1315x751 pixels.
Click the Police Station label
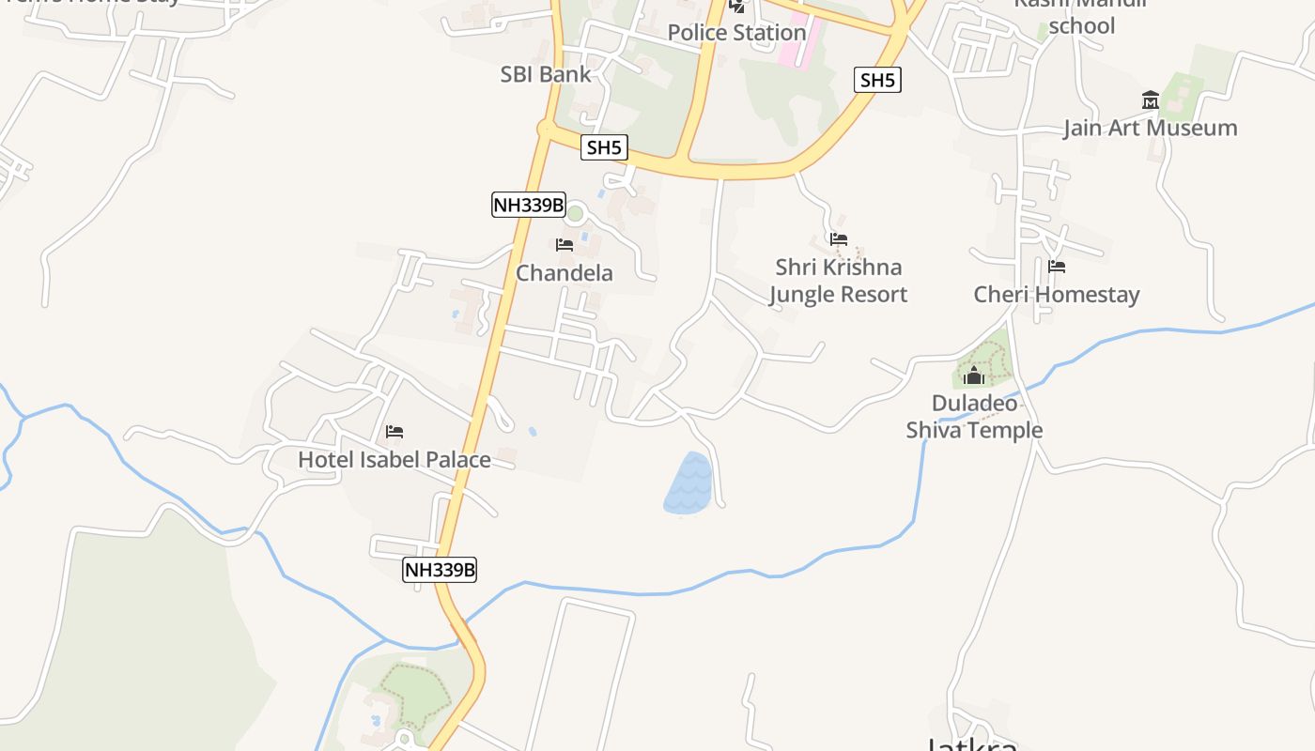pos(736,33)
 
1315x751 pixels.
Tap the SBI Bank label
pos(546,74)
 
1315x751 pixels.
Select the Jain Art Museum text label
pos(1150,128)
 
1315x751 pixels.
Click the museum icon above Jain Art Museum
pos(1151,100)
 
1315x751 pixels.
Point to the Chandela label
pos(564,273)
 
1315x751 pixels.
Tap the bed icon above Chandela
pos(565,245)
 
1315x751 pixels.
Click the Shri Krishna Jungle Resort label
pos(838,281)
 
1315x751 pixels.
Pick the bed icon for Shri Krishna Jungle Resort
pos(839,239)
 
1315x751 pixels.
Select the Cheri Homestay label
pos(1056,295)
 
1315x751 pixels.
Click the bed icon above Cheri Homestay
pos(1057,267)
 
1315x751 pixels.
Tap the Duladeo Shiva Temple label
pos(974,417)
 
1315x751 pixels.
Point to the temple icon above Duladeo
pos(974,376)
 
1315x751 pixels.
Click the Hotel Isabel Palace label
pos(394,460)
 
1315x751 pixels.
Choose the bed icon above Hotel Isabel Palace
pos(394,432)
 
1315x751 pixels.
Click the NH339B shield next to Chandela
pos(529,205)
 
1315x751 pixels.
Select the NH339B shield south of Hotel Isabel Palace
pos(440,569)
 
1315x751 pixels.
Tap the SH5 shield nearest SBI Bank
pos(604,147)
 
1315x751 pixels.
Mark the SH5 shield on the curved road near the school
pos(877,80)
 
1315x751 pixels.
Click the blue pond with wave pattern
pos(688,484)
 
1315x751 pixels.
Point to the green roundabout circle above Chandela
pos(576,214)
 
